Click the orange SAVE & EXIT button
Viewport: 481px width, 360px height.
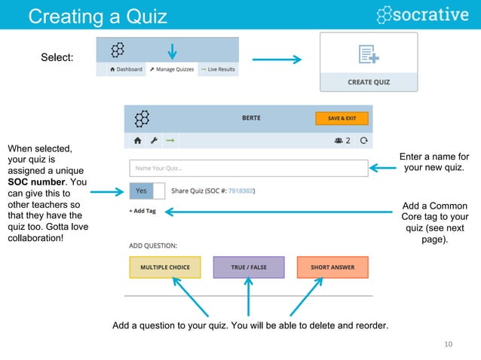coord(342,118)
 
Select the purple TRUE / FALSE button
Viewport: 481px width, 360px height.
coord(248,267)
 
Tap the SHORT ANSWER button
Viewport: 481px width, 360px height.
coord(332,267)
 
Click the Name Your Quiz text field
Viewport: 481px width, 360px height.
coord(248,168)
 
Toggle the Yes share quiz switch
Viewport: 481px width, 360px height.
coord(147,191)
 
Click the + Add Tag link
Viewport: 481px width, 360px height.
coord(142,212)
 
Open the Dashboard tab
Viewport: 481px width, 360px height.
coord(125,69)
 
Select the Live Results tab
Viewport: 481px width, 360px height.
coord(217,69)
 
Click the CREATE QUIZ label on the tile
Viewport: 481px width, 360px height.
coord(369,82)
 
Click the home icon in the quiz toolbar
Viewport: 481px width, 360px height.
coord(138,140)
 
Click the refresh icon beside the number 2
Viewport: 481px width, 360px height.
coord(364,140)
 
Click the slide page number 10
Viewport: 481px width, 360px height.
coord(449,345)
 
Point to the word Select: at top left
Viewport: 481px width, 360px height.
coord(57,58)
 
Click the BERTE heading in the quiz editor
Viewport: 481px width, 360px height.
coord(252,118)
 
